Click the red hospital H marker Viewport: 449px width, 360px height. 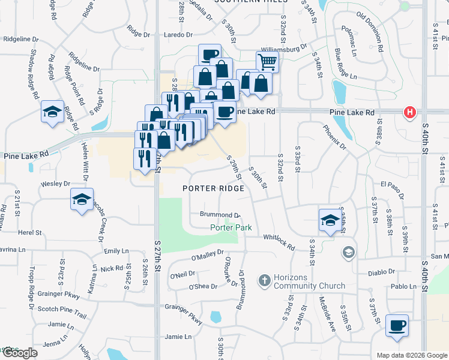click(410, 112)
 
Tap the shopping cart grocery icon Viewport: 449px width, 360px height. click(267, 61)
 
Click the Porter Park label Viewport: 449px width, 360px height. click(231, 227)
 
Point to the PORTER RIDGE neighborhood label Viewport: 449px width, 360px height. click(214, 188)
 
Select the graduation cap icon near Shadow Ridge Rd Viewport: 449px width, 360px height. click(52, 111)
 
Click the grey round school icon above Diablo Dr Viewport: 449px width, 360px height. click(348, 252)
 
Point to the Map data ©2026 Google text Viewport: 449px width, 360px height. click(412, 355)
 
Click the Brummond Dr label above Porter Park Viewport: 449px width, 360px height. click(220, 214)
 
